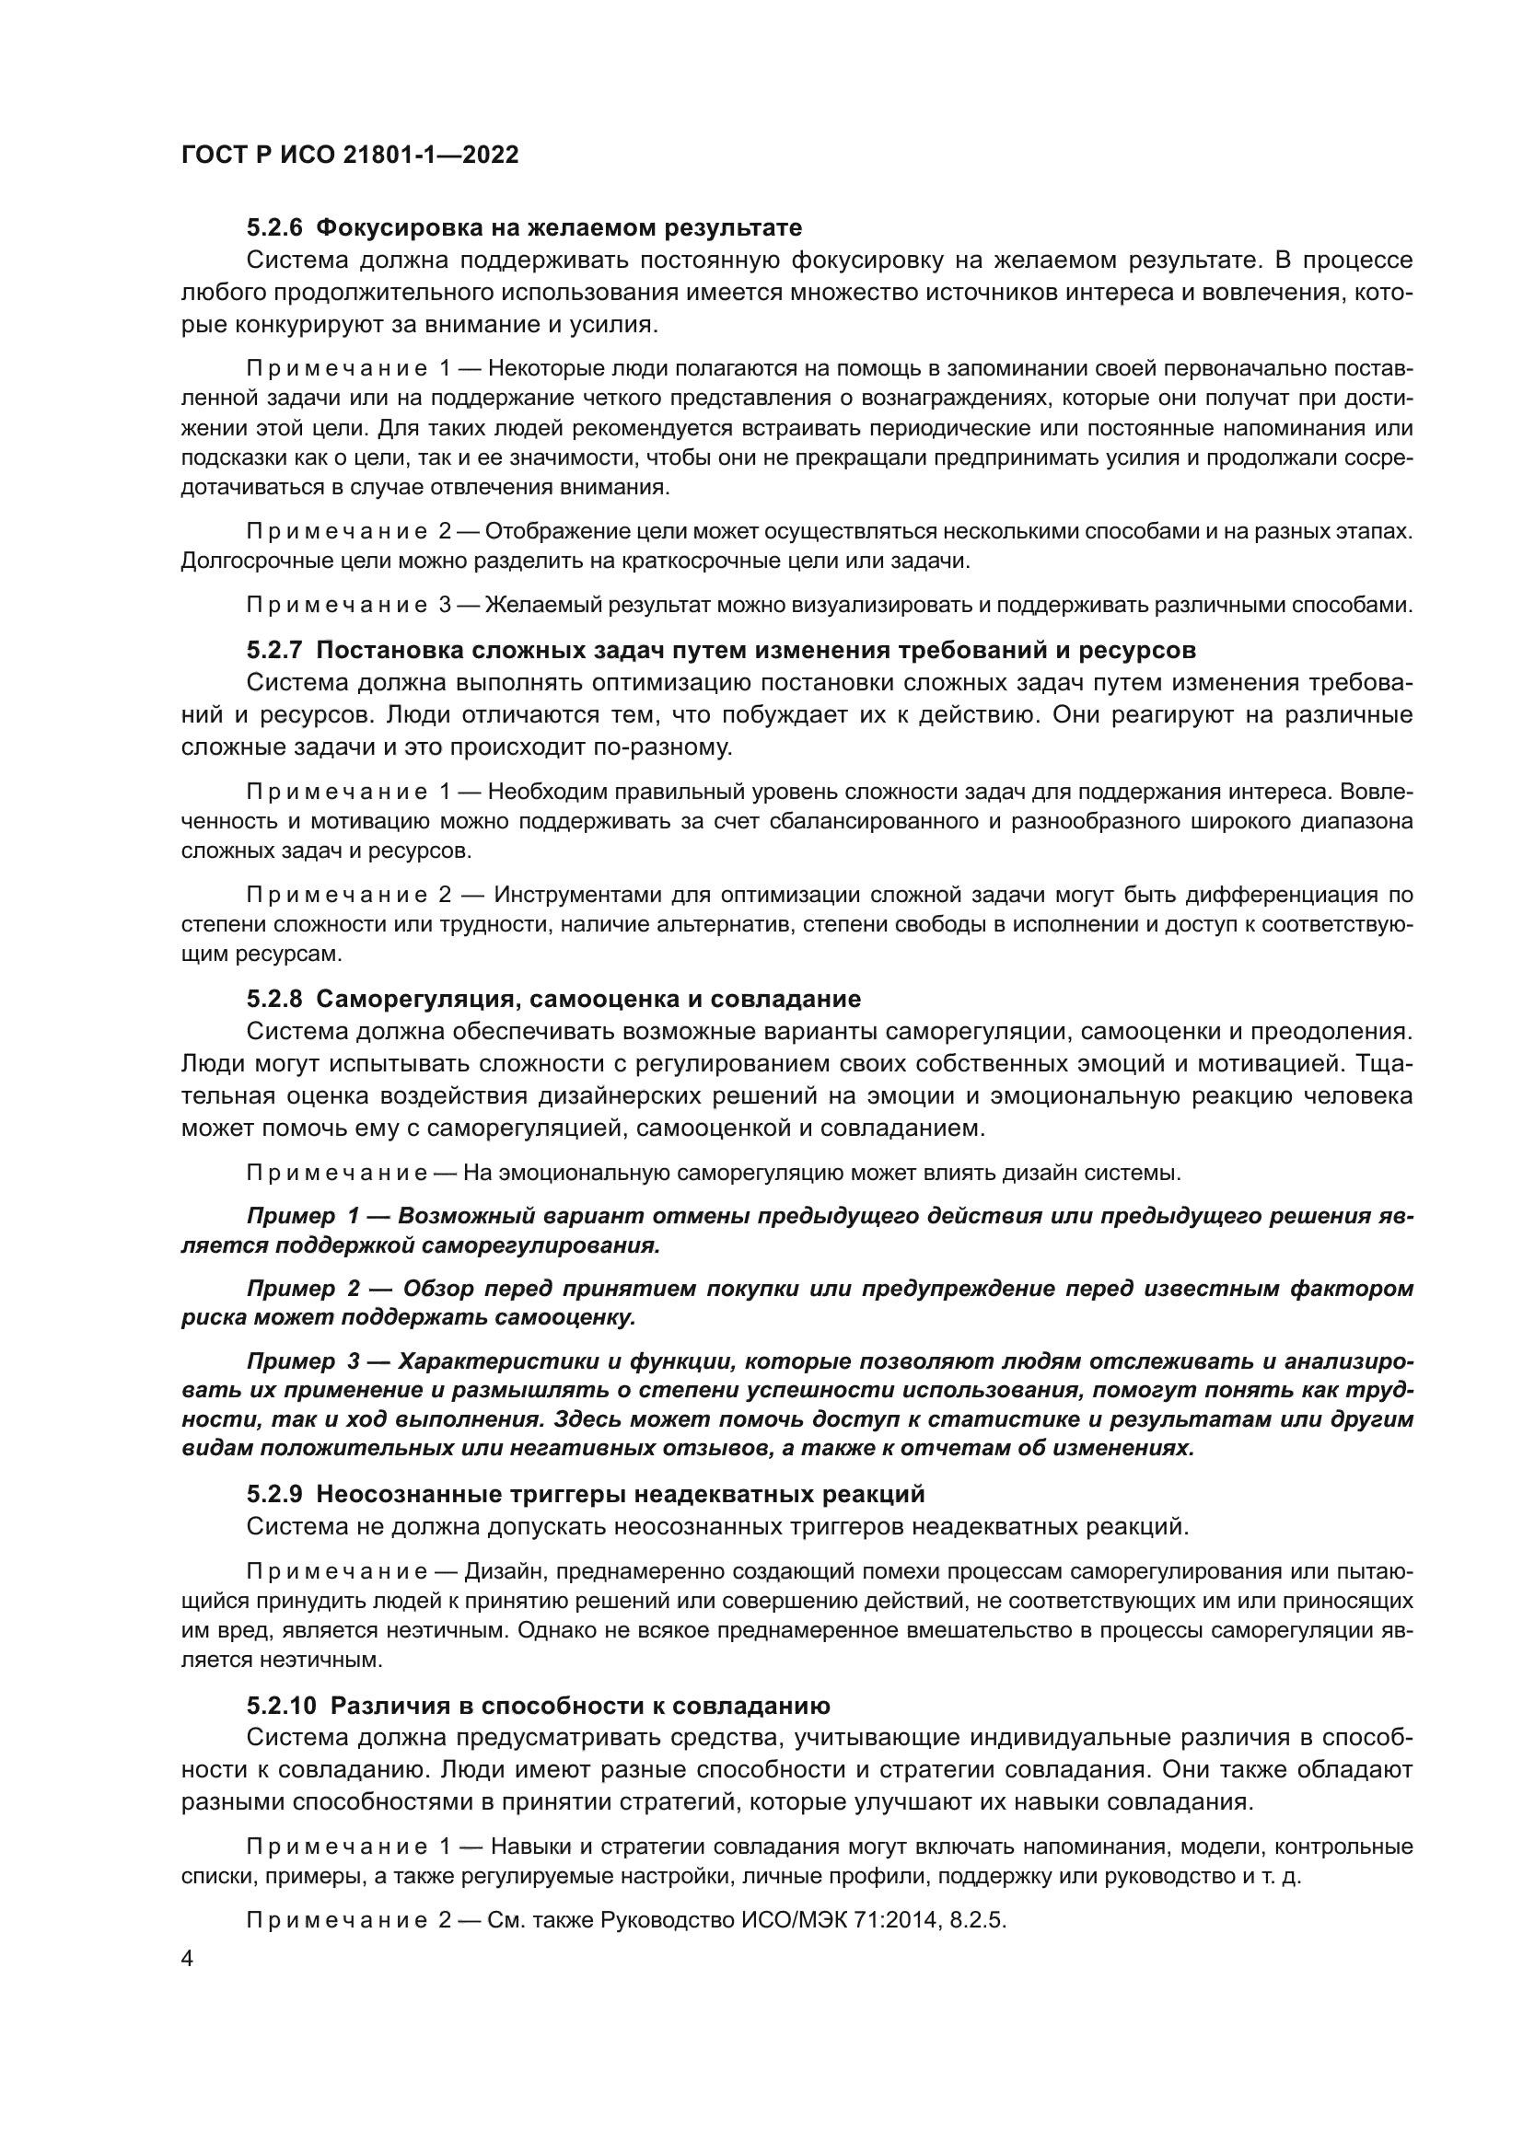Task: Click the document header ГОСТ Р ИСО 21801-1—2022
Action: pyautogui.click(x=350, y=155)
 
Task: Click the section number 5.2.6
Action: pyautogui.click(x=273, y=228)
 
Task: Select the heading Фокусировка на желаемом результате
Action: pyautogui.click(x=559, y=228)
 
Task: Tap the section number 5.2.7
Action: pyautogui.click(x=273, y=650)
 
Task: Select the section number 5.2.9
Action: pyautogui.click(x=273, y=1494)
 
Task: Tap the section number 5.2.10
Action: pyautogui.click(x=281, y=1706)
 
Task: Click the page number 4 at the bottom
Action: pyautogui.click(x=187, y=1960)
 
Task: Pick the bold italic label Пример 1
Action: pyautogui.click(x=302, y=1216)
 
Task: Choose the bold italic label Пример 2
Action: pyautogui.click(x=302, y=1290)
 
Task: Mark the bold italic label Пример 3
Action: pyautogui.click(x=302, y=1362)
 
